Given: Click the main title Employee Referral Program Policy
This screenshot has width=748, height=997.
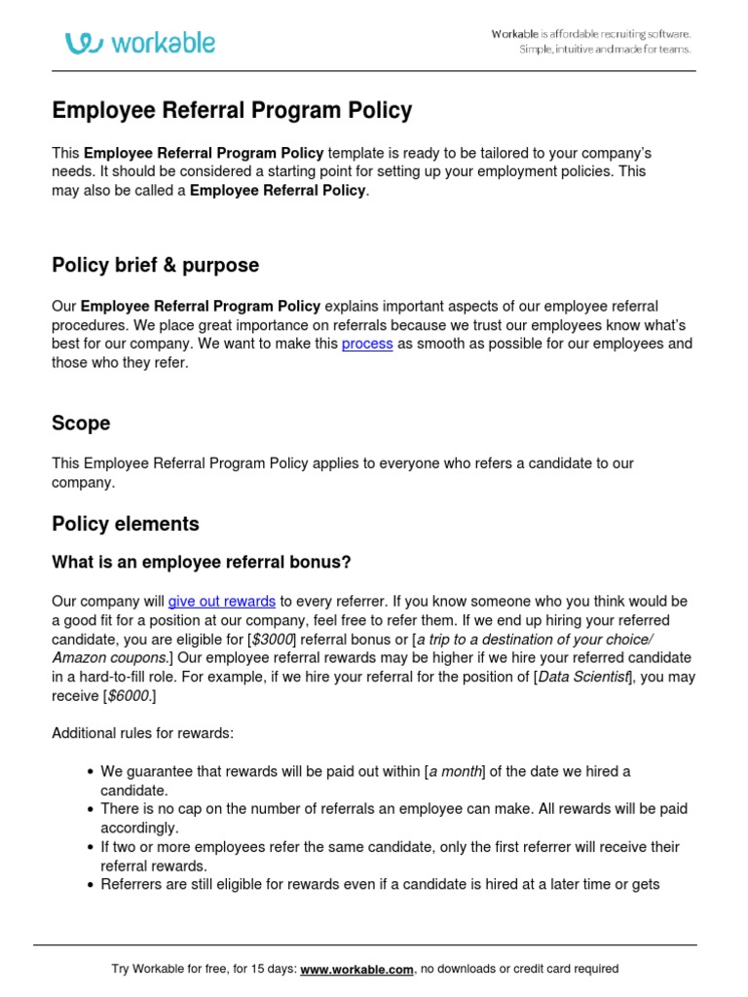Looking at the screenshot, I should pyautogui.click(x=232, y=111).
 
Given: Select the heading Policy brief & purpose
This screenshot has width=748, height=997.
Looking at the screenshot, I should pyautogui.click(x=155, y=266).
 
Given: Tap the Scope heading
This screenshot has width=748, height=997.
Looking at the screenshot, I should pyautogui.click(x=81, y=424).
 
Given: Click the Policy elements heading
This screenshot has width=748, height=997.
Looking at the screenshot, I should pyautogui.click(x=125, y=524).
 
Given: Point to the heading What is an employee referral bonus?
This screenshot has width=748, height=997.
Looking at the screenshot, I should pyautogui.click(x=201, y=563).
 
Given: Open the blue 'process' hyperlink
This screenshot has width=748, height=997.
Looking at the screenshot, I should pyautogui.click(x=367, y=345).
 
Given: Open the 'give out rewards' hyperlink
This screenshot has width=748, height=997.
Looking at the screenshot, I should pyautogui.click(x=222, y=602).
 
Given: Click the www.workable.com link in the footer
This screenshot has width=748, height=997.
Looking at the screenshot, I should pyautogui.click(x=357, y=969).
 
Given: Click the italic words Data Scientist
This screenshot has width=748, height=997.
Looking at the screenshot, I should pyautogui.click(x=584, y=677).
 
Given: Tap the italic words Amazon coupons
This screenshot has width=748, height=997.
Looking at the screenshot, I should pyautogui.click(x=107, y=658).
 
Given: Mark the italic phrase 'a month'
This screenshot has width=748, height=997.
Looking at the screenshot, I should pyautogui.click(x=456, y=771).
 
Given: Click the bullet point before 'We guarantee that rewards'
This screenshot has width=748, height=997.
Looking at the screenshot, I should pyautogui.click(x=90, y=772).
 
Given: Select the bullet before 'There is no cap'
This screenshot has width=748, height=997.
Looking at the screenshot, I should pyautogui.click(x=90, y=810).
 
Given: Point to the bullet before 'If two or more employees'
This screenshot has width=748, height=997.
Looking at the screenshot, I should pyautogui.click(x=90, y=848).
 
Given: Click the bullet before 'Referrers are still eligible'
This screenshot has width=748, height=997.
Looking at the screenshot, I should pyautogui.click(x=90, y=885).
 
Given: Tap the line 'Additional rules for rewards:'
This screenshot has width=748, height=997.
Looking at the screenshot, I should pyautogui.click(x=142, y=733).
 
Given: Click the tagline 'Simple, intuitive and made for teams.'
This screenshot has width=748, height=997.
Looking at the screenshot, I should pyautogui.click(x=605, y=50).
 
